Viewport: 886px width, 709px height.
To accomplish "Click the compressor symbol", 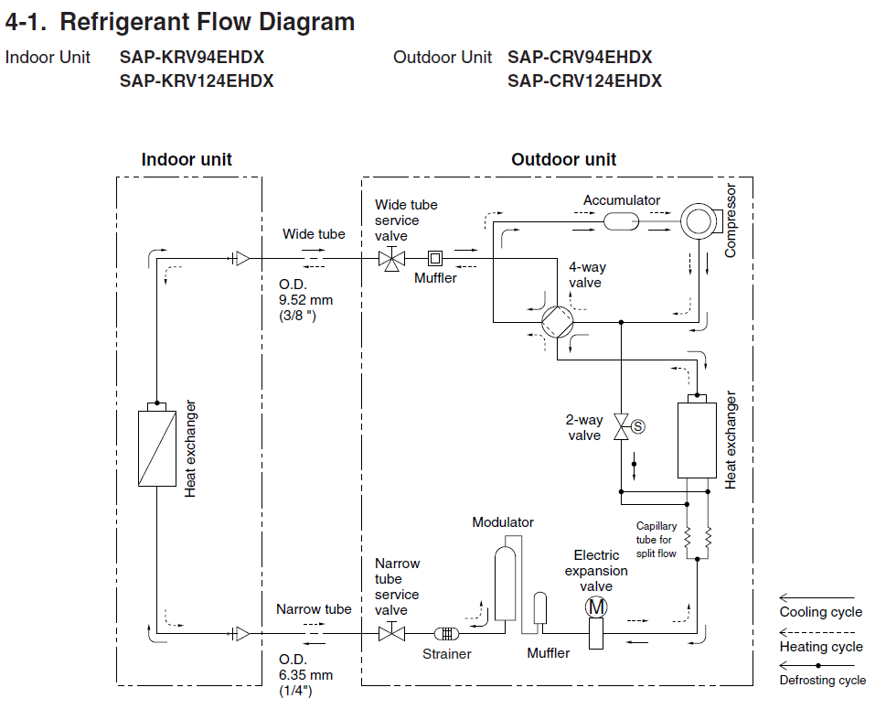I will pyautogui.click(x=699, y=220).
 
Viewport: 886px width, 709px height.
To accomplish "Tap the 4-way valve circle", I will pyautogui.click(x=556, y=322).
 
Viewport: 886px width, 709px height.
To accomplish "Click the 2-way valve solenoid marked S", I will pyautogui.click(x=638, y=425).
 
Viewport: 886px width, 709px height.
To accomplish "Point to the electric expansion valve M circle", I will pyautogui.click(x=596, y=607).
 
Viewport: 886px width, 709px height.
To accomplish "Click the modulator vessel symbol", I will pyautogui.click(x=504, y=585).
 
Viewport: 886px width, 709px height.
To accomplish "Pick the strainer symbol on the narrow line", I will pyautogui.click(x=446, y=633).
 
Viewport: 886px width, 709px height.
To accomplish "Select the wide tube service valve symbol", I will pyautogui.click(x=392, y=259).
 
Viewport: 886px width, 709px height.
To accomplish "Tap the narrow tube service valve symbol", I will pyautogui.click(x=392, y=633).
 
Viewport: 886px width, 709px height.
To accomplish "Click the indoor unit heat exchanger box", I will pyautogui.click(x=156, y=448).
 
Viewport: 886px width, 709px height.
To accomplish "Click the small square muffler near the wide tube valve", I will pyautogui.click(x=435, y=259).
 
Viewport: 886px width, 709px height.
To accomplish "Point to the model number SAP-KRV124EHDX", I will pyautogui.click(x=197, y=81).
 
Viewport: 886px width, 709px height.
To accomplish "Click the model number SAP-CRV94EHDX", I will pyautogui.click(x=580, y=57).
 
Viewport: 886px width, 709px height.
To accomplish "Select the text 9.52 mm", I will pyautogui.click(x=306, y=299).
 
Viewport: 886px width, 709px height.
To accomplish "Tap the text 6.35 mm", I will pyautogui.click(x=306, y=675).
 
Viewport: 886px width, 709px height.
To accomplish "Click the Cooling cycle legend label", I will pyautogui.click(x=820, y=612).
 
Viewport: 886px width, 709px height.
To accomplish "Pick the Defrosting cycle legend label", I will pyautogui.click(x=822, y=680).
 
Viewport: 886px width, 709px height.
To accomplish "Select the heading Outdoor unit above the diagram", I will pyautogui.click(x=563, y=159).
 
